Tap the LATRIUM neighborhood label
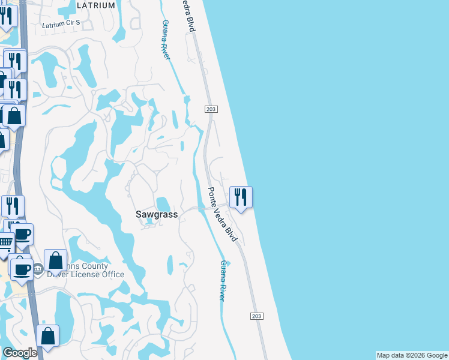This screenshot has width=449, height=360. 96,5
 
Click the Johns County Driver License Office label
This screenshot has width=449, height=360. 84,271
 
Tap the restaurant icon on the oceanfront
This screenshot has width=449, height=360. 241,197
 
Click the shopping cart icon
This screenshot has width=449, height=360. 5,243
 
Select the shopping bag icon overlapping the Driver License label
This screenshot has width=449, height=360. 55,260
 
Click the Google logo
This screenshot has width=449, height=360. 20,353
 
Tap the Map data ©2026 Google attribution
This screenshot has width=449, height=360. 411,355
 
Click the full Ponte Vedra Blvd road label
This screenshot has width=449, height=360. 223,214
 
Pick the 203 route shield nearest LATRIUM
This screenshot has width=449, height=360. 210,109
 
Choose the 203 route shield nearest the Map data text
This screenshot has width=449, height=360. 256,316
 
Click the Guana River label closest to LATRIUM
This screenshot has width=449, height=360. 166,40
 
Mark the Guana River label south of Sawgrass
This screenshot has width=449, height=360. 223,280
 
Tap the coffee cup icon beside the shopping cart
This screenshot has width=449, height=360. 22,234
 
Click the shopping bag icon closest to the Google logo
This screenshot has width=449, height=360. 47,336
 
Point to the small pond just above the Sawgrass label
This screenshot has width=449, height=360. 163,204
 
